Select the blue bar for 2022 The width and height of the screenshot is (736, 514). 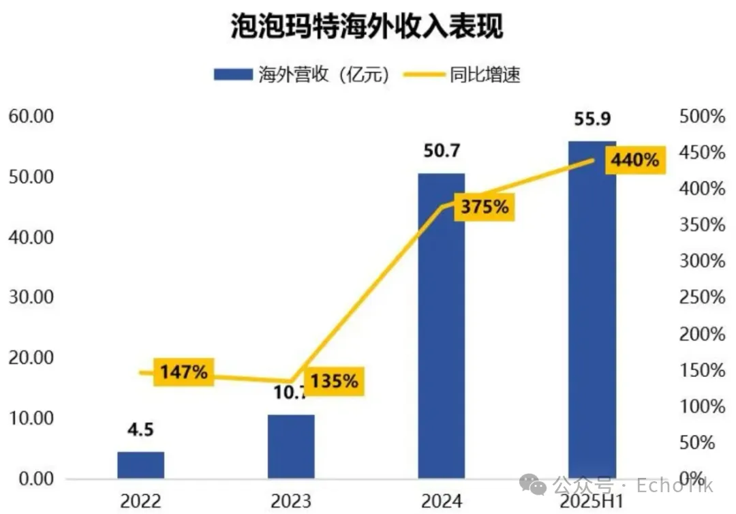(140, 464)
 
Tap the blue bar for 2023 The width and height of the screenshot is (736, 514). (291, 446)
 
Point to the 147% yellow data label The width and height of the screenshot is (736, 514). (183, 372)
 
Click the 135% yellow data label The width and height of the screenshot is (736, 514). (334, 380)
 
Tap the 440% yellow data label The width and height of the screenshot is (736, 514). (634, 161)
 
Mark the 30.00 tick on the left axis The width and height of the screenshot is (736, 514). (31, 297)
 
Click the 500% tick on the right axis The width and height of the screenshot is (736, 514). (703, 117)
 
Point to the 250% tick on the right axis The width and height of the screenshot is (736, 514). (703, 298)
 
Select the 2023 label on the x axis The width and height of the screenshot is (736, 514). (291, 502)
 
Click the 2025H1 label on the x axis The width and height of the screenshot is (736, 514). (592, 502)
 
